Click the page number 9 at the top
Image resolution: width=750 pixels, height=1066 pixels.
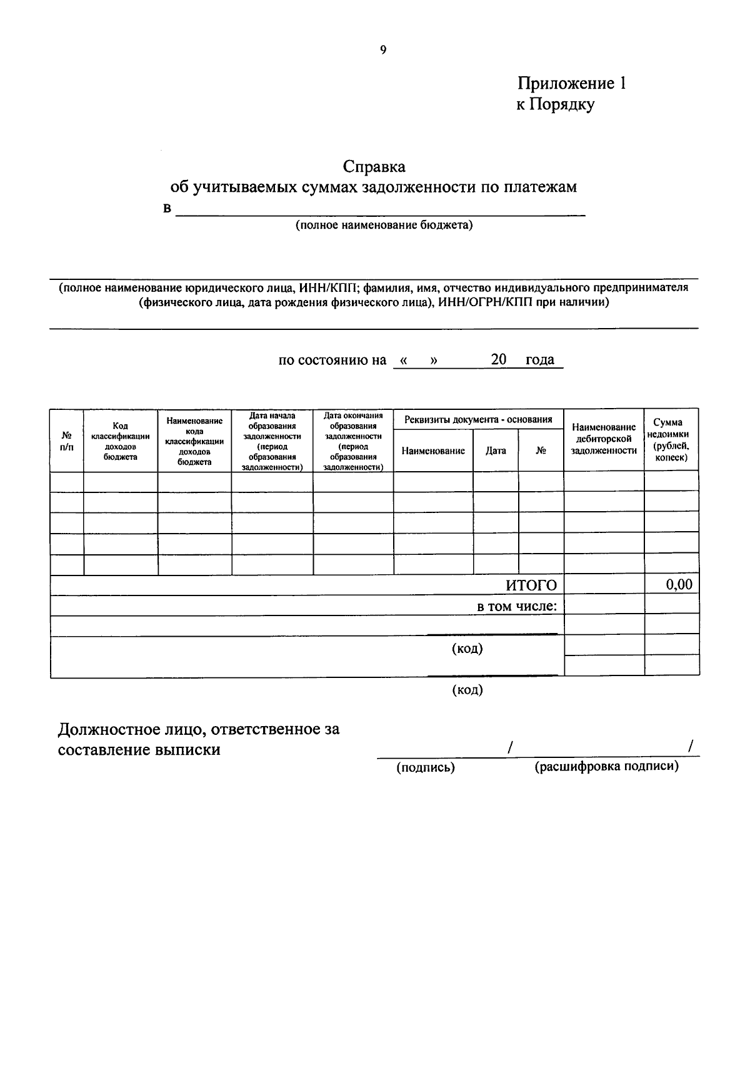[383, 51]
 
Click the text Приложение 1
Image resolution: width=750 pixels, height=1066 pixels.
[571, 84]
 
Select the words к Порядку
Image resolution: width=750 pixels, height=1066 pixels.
[555, 104]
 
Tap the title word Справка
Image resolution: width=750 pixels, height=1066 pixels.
[374, 167]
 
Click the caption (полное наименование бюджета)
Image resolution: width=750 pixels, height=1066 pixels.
[384, 225]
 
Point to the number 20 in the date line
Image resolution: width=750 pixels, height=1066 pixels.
[498, 359]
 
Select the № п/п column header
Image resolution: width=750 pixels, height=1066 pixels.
[66, 441]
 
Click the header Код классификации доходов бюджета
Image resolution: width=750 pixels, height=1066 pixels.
[120, 441]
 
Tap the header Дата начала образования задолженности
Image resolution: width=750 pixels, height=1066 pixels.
[272, 441]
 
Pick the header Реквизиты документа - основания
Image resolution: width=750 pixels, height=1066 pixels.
[478, 419]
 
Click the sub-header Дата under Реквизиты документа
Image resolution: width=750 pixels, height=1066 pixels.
[496, 451]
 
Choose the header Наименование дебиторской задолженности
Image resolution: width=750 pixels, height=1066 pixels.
[604, 439]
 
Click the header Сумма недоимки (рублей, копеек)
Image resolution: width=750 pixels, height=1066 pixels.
[671, 440]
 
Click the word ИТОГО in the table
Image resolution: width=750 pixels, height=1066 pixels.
[531, 585]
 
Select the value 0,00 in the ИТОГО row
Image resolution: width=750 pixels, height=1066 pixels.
[679, 585]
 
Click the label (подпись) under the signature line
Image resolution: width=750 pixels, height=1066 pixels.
[426, 767]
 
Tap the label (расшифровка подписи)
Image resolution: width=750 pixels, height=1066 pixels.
[606, 767]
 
